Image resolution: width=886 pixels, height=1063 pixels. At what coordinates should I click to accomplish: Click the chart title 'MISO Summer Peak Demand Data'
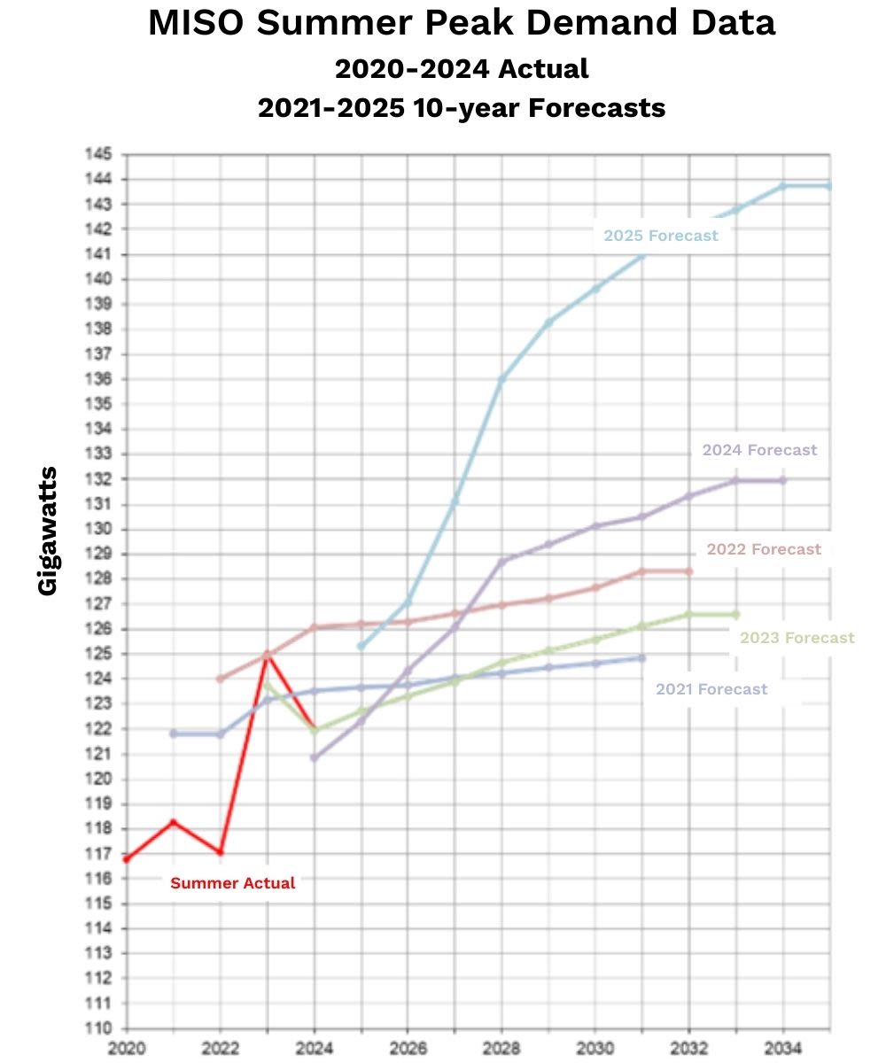tap(462, 24)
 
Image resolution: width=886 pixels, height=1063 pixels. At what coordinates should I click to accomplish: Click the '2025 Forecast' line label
tap(661, 236)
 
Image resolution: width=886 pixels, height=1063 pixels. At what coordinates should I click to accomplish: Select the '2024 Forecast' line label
tap(759, 450)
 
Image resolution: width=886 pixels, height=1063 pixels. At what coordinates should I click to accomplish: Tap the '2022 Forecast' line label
tap(764, 549)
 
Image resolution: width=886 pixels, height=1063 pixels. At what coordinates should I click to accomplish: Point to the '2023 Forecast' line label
tap(797, 638)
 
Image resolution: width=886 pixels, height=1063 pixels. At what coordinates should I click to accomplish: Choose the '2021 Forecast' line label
tap(711, 689)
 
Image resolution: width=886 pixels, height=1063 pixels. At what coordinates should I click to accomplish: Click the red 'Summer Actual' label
tap(233, 883)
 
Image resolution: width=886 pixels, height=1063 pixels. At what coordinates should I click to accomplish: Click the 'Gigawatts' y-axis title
tap(49, 531)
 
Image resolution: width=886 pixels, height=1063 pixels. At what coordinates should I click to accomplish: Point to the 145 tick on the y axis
tap(98, 154)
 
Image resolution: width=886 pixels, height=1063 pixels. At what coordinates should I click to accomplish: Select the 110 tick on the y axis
tap(98, 1029)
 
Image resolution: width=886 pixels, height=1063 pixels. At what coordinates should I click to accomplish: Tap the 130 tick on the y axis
tap(98, 529)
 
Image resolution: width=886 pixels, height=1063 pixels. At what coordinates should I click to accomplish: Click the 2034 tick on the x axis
tap(783, 1049)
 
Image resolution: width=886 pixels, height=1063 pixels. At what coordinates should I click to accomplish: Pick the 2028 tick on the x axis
tap(501, 1049)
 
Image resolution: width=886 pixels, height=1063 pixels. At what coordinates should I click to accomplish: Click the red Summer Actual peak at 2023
tap(267, 654)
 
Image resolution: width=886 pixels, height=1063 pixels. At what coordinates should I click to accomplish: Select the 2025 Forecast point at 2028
tap(501, 379)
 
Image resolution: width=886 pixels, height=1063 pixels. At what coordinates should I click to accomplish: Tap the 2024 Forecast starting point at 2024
tap(314, 757)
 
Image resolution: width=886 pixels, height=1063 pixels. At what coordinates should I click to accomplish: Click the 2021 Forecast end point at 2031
tap(642, 658)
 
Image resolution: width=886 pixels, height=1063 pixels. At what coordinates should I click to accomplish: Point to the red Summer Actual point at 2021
tap(173, 822)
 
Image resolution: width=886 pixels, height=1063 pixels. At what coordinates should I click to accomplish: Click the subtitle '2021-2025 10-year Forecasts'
tap(462, 108)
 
